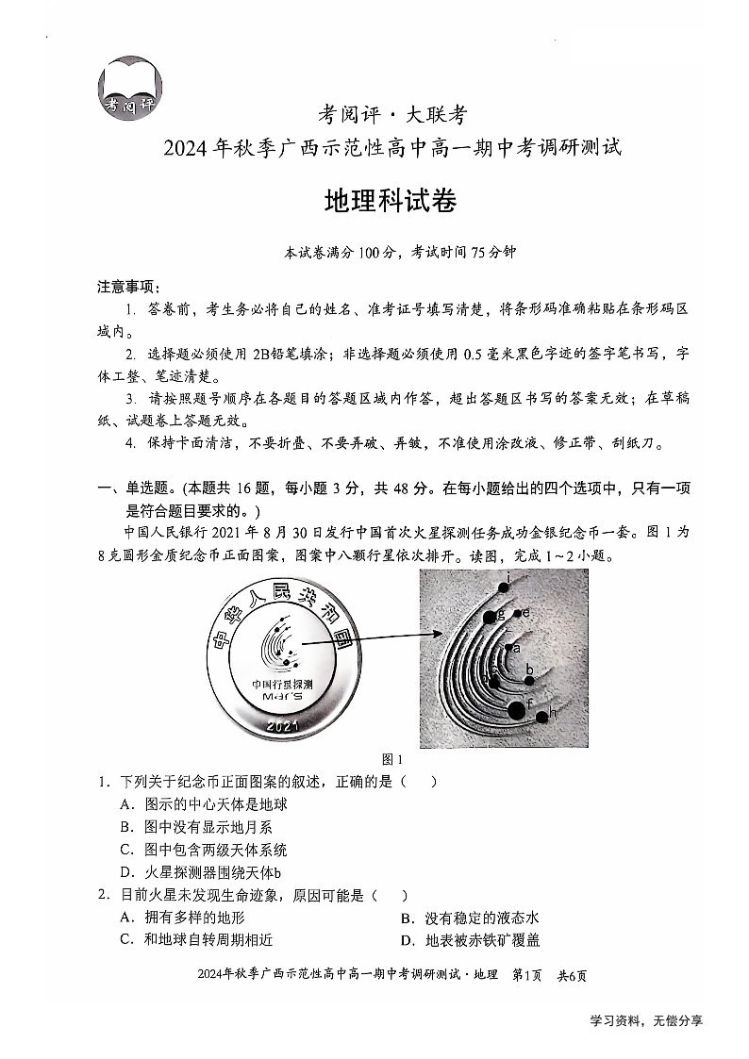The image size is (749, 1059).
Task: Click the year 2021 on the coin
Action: pyautogui.click(x=282, y=726)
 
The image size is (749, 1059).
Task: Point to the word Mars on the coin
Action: pyautogui.click(x=282, y=695)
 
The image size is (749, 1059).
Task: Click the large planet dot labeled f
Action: pyautogui.click(x=516, y=709)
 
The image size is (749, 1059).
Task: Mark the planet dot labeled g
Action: pyautogui.click(x=489, y=617)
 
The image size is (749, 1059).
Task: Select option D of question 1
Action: pyautogui.click(x=201, y=872)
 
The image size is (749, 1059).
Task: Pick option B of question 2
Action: pyautogui.click(x=469, y=918)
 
